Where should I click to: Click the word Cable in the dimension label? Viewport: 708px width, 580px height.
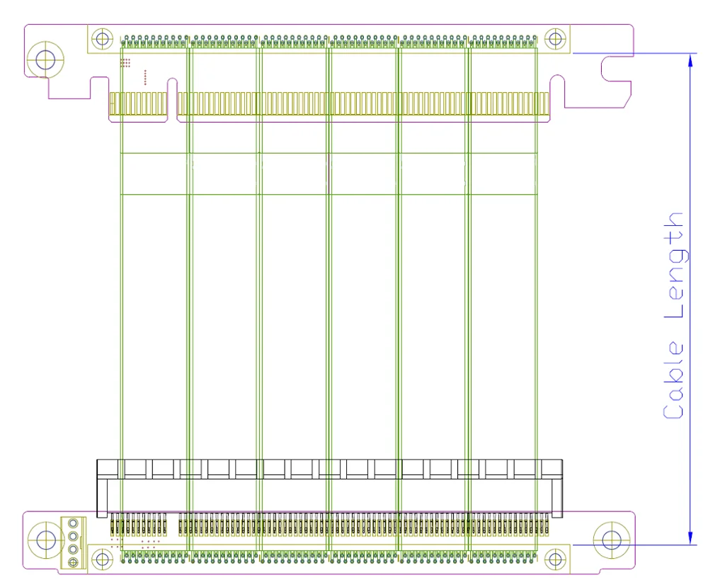pos(674,381)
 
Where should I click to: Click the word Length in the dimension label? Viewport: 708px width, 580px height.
pos(674,266)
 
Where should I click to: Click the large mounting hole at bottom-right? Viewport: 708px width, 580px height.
pos(611,540)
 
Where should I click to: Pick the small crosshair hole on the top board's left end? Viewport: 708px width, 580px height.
pos(103,38)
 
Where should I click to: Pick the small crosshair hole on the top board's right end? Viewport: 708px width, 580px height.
pos(556,38)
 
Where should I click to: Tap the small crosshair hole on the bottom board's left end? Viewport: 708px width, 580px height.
pos(103,559)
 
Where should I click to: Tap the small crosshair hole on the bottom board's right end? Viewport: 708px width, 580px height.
pos(556,559)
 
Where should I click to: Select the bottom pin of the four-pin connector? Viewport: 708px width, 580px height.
pos(72,562)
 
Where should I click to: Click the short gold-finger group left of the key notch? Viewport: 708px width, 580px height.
pos(138,106)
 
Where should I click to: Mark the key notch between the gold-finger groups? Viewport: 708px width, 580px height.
pos(172,103)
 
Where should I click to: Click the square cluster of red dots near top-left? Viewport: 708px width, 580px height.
pos(125,63)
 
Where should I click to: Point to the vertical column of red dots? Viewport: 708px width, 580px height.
pos(145,77)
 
